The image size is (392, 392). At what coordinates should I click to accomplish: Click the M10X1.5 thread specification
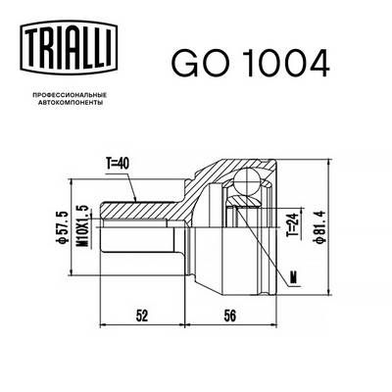[86, 224]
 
